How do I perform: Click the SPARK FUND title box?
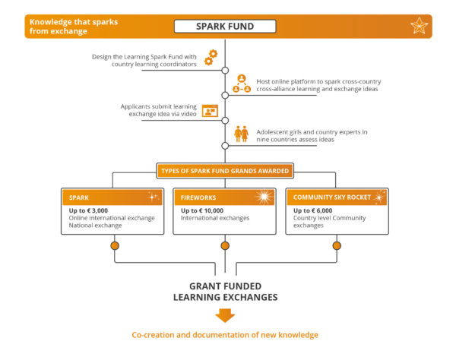coord(225,26)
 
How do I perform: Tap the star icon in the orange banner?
coord(419,26)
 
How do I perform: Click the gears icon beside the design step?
coord(211,57)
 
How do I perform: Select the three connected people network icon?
coord(242,84)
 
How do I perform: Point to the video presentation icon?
coord(210,110)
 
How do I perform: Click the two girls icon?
coord(241,134)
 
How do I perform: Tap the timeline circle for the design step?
coord(225,71)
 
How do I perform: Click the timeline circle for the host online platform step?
coord(225,95)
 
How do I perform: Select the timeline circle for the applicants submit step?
coord(225,121)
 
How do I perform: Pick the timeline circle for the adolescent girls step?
coord(225,146)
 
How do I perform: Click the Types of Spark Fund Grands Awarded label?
coord(225,171)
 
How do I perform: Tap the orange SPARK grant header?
coord(112,197)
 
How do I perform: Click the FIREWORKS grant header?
coord(224,197)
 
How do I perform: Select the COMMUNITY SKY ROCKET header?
coord(337,197)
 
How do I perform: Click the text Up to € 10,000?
coord(202,210)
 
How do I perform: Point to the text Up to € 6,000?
coord(312,210)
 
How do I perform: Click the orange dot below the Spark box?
coord(115,246)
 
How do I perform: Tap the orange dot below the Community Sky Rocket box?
coord(337,246)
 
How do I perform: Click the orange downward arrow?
coord(225,315)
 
